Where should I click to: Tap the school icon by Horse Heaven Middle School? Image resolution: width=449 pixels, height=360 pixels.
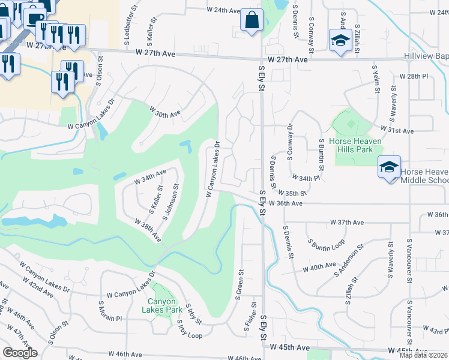coord(389,167)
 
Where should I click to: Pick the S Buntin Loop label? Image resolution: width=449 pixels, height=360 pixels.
coord(326,244)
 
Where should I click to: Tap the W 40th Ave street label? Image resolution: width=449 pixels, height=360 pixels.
coord(321,266)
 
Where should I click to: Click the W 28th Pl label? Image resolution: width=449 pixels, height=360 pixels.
coord(414,77)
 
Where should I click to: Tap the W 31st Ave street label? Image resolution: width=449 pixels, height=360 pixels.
coord(397,130)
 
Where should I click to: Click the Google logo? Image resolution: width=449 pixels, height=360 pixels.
coord(20,352)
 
